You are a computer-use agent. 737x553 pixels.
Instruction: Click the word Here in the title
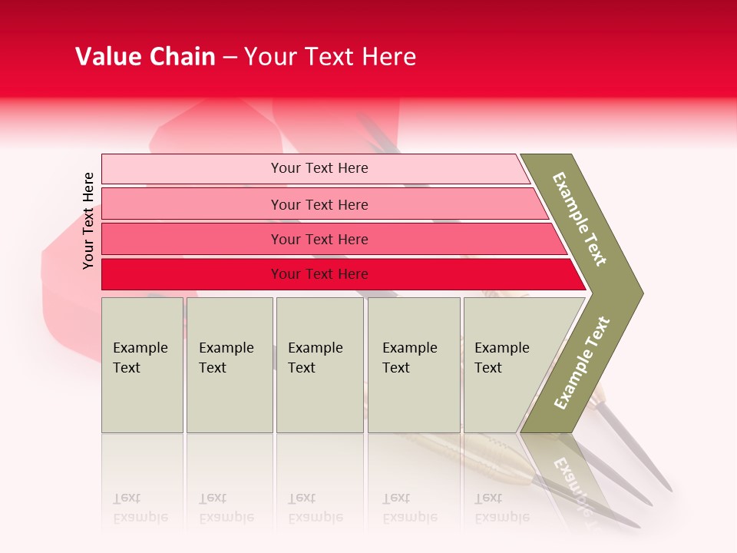pos(388,57)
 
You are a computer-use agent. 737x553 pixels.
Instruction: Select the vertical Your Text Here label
pos(88,220)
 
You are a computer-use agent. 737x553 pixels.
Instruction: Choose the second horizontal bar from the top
pos(319,204)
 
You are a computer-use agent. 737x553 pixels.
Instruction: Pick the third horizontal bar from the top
pos(319,239)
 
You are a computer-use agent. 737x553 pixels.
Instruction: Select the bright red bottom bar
pos(319,274)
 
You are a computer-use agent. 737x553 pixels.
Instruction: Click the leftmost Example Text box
pos(142,365)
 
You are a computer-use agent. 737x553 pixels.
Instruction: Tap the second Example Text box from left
pos(229,365)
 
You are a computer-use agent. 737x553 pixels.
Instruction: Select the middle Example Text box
pos(319,365)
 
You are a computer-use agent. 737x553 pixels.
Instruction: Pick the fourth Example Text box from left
pos(413,365)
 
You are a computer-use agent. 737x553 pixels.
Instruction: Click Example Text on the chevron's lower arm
pos(582,363)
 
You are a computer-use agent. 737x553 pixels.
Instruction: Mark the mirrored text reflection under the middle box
pos(315,508)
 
